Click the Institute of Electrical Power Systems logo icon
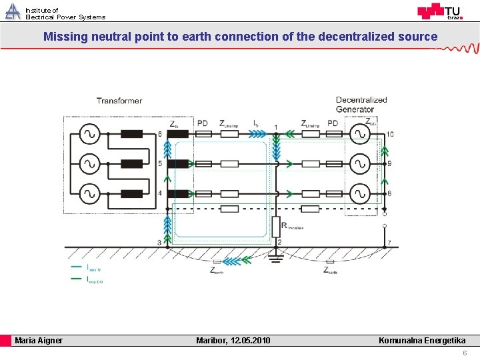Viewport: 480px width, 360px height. (x=13, y=11)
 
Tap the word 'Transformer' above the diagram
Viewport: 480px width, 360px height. (x=119, y=101)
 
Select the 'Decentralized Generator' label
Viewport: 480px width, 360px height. (x=361, y=105)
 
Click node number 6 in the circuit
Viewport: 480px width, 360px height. (x=160, y=134)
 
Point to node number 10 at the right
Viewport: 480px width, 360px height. (x=389, y=134)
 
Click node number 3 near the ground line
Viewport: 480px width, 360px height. (x=159, y=242)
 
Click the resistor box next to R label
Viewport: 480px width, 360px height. (x=275, y=226)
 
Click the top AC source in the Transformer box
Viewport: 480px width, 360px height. (x=89, y=134)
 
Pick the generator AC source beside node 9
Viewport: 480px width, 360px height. (x=360, y=163)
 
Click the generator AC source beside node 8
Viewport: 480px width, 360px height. (x=360, y=193)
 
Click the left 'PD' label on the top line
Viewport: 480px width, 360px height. (x=203, y=123)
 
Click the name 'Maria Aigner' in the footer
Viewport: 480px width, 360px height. (x=39, y=341)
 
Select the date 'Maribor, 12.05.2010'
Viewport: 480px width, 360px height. (x=233, y=341)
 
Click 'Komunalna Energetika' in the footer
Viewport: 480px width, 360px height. (x=422, y=341)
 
